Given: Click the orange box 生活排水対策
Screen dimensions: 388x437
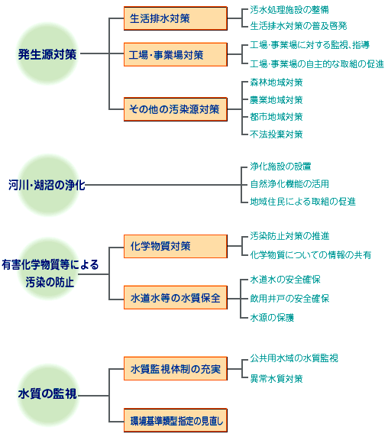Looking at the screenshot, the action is coord(176,18).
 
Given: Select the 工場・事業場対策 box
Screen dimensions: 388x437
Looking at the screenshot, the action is coord(176,55).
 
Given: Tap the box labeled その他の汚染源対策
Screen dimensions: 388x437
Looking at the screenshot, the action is coord(176,109).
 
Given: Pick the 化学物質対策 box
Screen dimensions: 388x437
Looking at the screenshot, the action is coord(176,246).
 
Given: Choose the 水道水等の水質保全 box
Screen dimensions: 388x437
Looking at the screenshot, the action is coord(176,298).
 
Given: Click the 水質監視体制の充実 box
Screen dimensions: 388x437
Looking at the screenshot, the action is coord(176,369).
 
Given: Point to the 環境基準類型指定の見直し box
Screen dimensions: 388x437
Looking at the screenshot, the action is coord(176,420).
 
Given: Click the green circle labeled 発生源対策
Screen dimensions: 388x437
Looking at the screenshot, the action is coord(47,54).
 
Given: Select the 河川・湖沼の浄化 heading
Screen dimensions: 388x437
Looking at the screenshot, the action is coord(47,185).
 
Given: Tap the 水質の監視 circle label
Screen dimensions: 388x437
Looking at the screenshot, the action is coord(47,393).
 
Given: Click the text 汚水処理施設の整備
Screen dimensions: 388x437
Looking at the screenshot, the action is coord(289,10).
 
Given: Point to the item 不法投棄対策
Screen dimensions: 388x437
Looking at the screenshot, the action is coord(276,134).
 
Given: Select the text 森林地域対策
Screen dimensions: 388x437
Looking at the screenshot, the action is coord(276,83).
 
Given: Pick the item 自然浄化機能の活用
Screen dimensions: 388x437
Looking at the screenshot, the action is coord(289,184).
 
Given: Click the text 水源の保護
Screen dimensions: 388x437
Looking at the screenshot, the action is coord(272,318).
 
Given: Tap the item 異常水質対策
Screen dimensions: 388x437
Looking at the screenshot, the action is coord(276,379).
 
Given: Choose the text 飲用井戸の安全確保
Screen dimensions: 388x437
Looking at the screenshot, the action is coord(289,299).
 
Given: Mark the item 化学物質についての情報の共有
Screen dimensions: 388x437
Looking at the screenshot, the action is coord(310,254).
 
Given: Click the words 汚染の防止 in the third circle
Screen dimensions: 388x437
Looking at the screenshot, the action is coord(50,282).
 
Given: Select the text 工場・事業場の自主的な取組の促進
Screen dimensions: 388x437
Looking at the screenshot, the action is coord(317,64).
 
